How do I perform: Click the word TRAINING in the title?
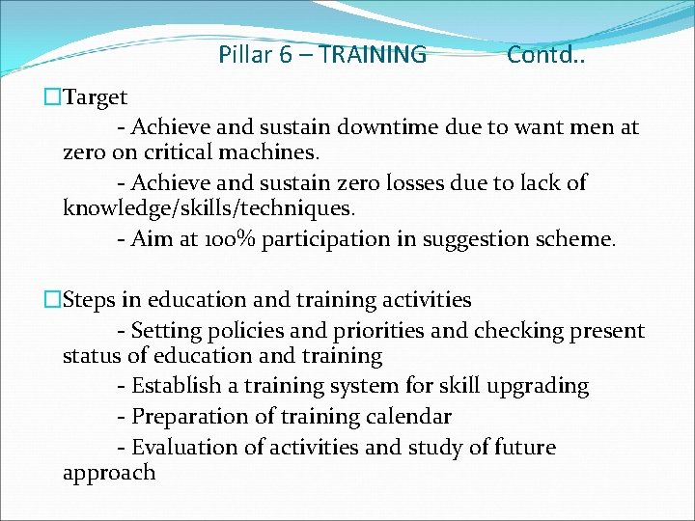pyautogui.click(x=372, y=55)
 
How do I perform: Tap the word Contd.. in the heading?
pyautogui.click(x=545, y=55)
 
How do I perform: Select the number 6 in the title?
pyautogui.click(x=286, y=55)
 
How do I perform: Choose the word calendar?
pyautogui.click(x=404, y=417)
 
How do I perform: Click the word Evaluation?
pyautogui.click(x=185, y=448)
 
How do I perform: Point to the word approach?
pyautogui.click(x=108, y=473)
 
